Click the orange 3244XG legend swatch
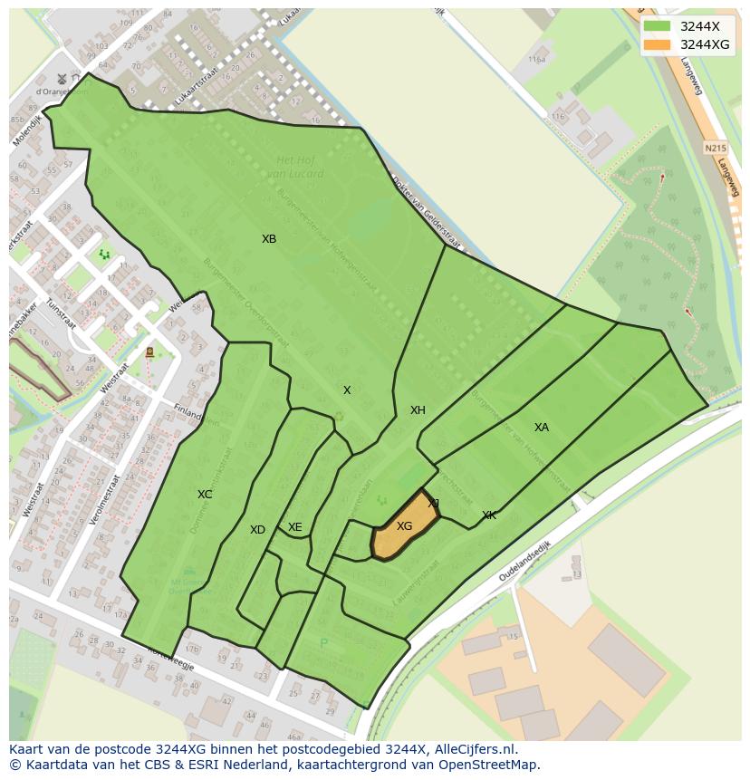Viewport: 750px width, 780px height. tap(658, 44)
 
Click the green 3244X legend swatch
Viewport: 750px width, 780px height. tap(658, 26)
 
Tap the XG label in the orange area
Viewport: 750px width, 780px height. tap(404, 526)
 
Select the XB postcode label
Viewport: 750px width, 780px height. tap(269, 239)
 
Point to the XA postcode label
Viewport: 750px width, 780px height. tap(541, 428)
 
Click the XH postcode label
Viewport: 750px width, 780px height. tap(418, 410)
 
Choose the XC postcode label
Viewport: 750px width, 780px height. tap(205, 495)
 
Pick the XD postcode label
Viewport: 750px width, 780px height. tap(257, 530)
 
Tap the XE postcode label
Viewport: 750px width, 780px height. tap(294, 527)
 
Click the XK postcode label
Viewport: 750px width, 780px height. tap(489, 515)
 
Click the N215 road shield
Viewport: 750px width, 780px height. tap(715, 146)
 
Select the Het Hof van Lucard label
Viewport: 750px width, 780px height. tap(300, 167)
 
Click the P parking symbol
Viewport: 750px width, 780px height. tap(323, 644)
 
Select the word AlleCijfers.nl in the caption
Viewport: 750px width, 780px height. tap(476, 749)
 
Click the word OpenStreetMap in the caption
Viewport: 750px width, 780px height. tap(489, 765)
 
